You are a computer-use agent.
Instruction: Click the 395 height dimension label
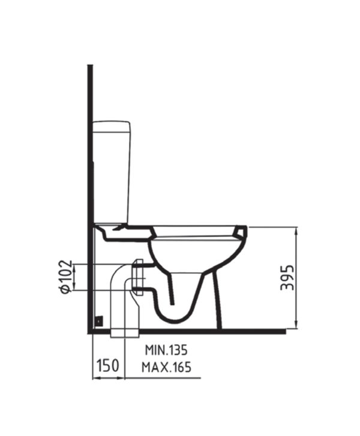pyautogui.click(x=287, y=278)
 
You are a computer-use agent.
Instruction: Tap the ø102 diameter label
pyautogui.click(x=66, y=277)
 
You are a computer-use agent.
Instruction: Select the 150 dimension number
pyautogui.click(x=107, y=365)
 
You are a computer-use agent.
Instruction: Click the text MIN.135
pyautogui.click(x=166, y=350)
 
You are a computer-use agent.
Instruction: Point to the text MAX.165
pyautogui.click(x=166, y=367)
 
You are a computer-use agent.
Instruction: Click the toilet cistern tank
pyautogui.click(x=111, y=172)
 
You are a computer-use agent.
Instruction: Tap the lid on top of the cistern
pyautogui.click(x=111, y=126)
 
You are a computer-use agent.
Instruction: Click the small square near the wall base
pyautogui.click(x=99, y=321)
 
